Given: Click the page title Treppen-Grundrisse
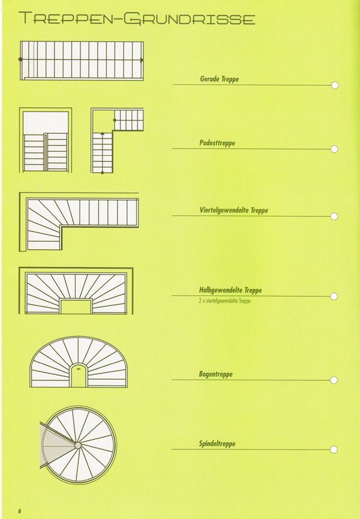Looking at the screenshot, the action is click(x=137, y=19).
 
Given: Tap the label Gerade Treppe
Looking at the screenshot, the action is click(x=219, y=79).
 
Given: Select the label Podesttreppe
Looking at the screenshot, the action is click(x=217, y=143).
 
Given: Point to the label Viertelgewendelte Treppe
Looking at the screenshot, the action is click(x=233, y=210).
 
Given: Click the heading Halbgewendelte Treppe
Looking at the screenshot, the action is click(x=230, y=290).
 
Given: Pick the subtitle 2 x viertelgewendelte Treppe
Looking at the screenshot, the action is click(x=224, y=301).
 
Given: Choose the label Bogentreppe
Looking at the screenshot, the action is click(x=216, y=374).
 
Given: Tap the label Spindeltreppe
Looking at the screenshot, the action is click(x=217, y=443).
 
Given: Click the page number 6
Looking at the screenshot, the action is click(x=20, y=511).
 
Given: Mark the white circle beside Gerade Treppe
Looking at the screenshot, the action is click(x=335, y=85).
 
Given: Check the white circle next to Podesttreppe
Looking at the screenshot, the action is click(x=334, y=149).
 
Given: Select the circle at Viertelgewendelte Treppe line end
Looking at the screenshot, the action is click(x=334, y=217).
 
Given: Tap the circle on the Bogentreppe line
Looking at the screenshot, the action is click(x=334, y=380).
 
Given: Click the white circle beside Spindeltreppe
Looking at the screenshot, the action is click(x=334, y=449).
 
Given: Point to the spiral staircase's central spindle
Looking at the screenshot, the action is click(x=78, y=445).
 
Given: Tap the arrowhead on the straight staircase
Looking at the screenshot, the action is click(x=142, y=60).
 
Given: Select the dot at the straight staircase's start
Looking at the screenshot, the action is click(x=20, y=59).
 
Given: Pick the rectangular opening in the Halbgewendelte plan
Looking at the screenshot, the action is click(x=76, y=306).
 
